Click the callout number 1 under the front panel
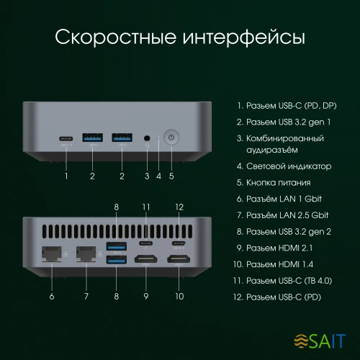pyautogui.click(x=67, y=175)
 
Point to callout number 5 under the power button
pyautogui.click(x=171, y=175)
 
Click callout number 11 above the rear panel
pyautogui.click(x=146, y=207)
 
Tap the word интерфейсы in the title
pyautogui.click(x=243, y=36)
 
